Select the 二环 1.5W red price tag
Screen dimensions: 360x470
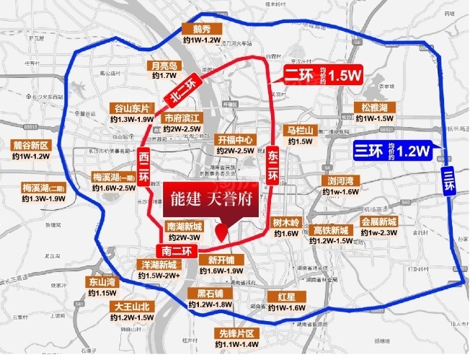322,75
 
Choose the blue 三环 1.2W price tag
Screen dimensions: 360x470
392,151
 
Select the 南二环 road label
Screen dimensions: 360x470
177,252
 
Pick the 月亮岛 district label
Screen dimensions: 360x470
163,65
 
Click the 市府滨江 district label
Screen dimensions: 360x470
181,118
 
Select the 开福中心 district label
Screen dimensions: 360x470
235,140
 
